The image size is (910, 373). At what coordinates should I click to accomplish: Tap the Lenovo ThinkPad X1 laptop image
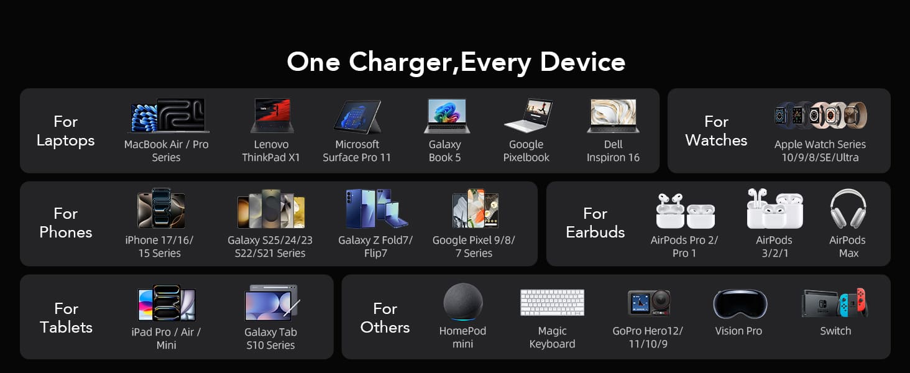tap(272, 116)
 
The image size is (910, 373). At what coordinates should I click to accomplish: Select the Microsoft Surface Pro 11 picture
tap(357, 117)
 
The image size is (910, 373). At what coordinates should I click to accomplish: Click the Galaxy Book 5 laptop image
tap(447, 116)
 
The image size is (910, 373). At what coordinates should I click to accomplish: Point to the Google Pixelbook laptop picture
tap(528, 115)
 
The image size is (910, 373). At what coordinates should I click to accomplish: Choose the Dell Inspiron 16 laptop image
tap(613, 116)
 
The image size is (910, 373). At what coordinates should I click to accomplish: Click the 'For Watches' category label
tap(716, 131)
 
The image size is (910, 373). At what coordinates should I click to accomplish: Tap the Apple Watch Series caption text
tap(820, 150)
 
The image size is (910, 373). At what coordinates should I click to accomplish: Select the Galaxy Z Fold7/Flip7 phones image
tap(377, 208)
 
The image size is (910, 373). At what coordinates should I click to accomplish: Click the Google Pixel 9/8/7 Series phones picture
tap(476, 208)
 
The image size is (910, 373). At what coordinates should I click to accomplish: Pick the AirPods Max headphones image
tap(848, 208)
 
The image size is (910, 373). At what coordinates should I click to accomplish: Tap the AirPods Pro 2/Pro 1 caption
tap(684, 246)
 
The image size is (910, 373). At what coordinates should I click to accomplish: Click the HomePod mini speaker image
tap(463, 302)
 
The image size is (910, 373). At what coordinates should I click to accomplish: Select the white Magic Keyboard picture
tap(553, 303)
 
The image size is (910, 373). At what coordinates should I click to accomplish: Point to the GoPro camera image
tap(649, 303)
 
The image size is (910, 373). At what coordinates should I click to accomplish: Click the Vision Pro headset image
tap(740, 304)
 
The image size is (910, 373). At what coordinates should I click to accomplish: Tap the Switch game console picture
tap(835, 303)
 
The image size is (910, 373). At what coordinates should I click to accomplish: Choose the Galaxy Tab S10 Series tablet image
tap(272, 303)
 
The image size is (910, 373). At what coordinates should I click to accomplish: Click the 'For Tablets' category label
tap(67, 318)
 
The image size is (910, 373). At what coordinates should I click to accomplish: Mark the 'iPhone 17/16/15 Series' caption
tap(159, 246)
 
